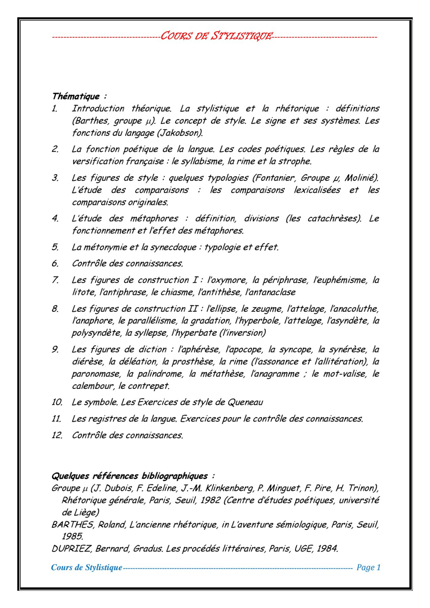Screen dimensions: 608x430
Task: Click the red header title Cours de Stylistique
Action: pyautogui.click(x=216, y=36)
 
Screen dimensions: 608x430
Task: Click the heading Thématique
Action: pyautogui.click(x=76, y=96)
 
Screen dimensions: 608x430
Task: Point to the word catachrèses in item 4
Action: pyautogui.click(x=334, y=219)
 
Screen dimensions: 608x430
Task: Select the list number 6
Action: pyautogui.click(x=55, y=264)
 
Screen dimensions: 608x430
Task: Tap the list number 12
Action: pyautogui.click(x=57, y=435)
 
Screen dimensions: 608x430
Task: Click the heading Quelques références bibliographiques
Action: pyautogui.click(x=130, y=476)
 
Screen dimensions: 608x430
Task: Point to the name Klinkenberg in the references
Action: pyautogui.click(x=229, y=488)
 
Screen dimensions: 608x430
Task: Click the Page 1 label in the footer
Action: pyautogui.click(x=368, y=568)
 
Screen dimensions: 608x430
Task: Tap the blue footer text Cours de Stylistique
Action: pyautogui.click(x=86, y=568)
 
